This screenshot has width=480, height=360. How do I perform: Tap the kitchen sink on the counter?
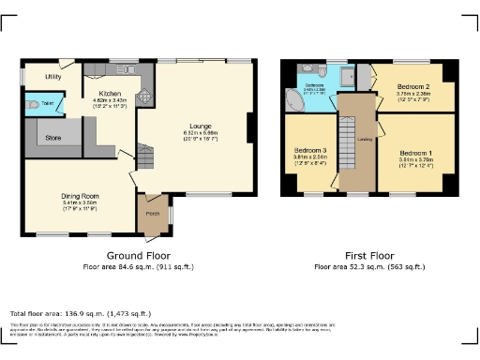(x=127, y=69)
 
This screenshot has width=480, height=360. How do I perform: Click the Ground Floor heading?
(x=130, y=255)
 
